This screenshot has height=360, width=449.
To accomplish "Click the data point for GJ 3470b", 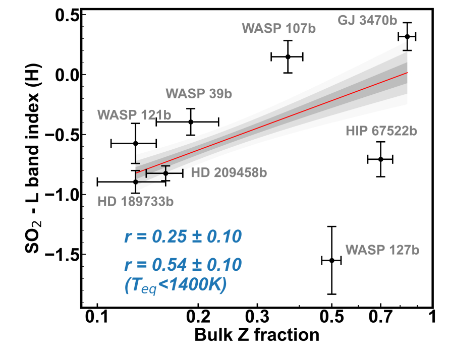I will click(407, 36).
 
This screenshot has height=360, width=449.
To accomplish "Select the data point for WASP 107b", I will click(288, 56).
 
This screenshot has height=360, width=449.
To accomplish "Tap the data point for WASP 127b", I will click(331, 260).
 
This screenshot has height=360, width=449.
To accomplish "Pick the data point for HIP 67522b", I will click(381, 159).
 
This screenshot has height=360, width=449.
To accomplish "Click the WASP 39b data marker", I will click(191, 122).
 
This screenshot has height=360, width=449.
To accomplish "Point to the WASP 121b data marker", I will click(135, 143).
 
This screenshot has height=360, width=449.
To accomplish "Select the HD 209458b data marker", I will click(165, 173).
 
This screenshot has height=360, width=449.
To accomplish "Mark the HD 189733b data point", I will click(135, 181).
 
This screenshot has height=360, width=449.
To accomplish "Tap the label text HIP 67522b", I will click(381, 132).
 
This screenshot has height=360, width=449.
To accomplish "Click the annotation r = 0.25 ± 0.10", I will click(182, 236).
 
